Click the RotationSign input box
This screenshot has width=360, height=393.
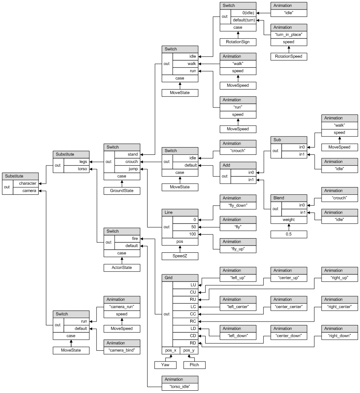(238, 42)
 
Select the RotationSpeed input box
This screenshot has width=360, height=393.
(289, 56)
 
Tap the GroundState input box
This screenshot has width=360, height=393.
(121, 191)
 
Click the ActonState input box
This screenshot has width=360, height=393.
(121, 267)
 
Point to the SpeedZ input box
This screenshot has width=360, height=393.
(180, 256)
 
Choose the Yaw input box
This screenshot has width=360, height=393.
(165, 365)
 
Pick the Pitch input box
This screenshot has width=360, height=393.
(194, 365)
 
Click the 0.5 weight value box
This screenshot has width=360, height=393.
(289, 234)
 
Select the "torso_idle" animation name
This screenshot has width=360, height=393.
(180, 386)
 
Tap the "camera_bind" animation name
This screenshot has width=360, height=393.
(121, 350)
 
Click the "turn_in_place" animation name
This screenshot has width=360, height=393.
(289, 35)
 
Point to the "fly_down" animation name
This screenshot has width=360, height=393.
(238, 205)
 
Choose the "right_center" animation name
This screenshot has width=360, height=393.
(340, 307)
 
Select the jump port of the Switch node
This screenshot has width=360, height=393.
(127, 169)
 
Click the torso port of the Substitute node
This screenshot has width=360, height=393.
(76, 169)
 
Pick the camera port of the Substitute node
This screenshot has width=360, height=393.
(26, 191)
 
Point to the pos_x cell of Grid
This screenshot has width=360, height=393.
(171, 350)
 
